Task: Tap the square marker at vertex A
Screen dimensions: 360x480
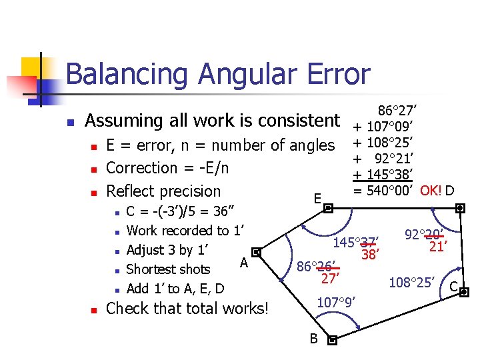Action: pyautogui.click(x=257, y=253)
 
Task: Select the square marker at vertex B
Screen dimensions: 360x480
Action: pyautogui.click(x=333, y=339)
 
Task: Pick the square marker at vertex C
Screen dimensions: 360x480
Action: pyautogui.click(x=465, y=291)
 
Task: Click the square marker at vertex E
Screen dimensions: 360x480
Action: pyautogui.click(x=328, y=208)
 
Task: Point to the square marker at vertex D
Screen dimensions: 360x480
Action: pyautogui.click(x=460, y=208)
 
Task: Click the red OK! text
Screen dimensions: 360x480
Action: pyautogui.click(x=431, y=191)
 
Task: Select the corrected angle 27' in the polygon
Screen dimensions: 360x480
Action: pyautogui.click(x=331, y=278)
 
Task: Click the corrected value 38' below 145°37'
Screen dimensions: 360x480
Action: pyautogui.click(x=369, y=254)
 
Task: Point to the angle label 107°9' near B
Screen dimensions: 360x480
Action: pyautogui.click(x=337, y=301)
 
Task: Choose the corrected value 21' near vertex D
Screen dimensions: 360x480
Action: pyautogui.click(x=437, y=247)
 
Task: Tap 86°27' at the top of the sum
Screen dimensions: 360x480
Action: pyautogui.click(x=397, y=110)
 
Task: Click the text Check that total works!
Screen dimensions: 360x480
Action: pyautogui.click(x=187, y=309)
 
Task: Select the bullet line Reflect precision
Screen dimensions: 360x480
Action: pyautogui.click(x=163, y=191)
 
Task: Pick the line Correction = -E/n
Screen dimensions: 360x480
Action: pyautogui.click(x=167, y=168)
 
